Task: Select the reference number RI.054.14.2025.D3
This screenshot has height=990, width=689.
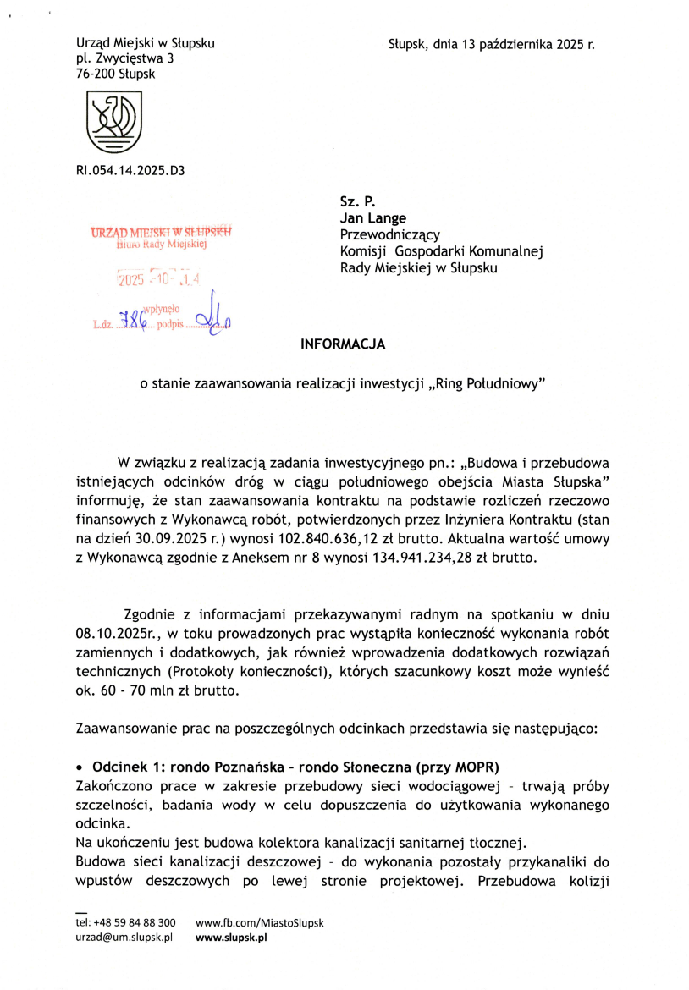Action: (130, 170)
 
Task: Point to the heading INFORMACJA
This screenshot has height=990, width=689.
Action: (344, 345)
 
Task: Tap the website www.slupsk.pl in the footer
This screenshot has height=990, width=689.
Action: (231, 938)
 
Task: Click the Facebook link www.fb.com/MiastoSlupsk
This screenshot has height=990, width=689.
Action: (260, 922)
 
